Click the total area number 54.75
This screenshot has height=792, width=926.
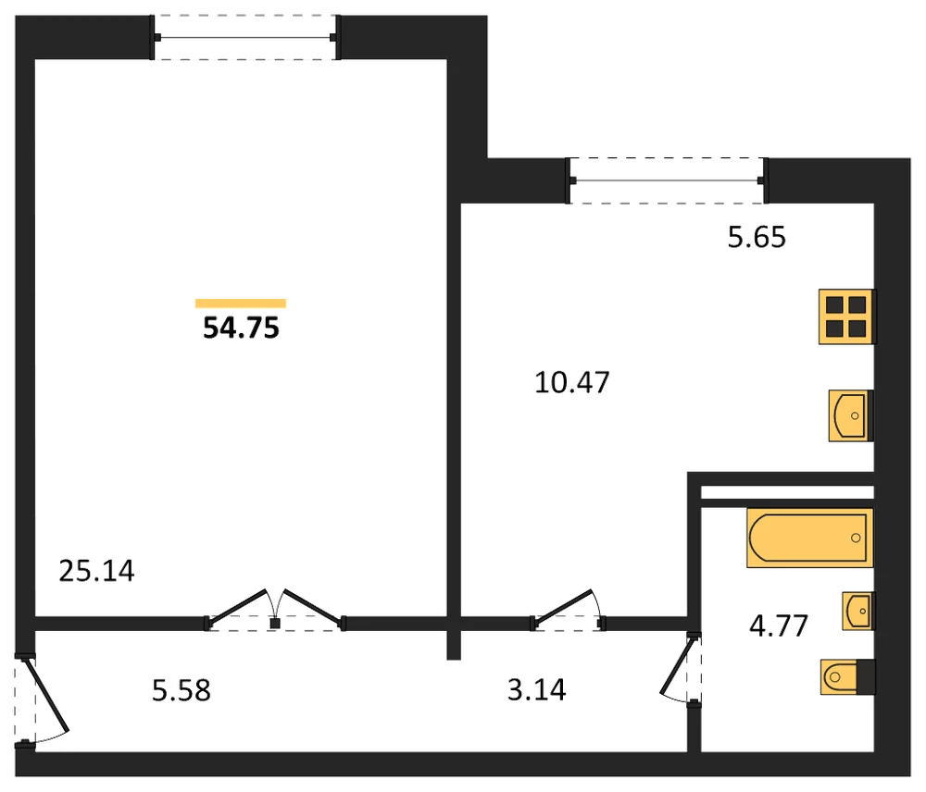pos(241,328)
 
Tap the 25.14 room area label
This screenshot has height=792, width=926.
pos(97,571)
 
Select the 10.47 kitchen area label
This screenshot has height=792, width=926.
pos(571,382)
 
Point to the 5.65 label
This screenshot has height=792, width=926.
pos(757,237)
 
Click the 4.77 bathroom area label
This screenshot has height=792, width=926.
pos(779,626)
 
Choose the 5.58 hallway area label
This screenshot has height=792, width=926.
pos(181,690)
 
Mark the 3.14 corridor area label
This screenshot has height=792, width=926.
pos(537,690)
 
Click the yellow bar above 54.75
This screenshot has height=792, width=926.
pos(241,303)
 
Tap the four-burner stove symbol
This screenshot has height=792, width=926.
pos(847,316)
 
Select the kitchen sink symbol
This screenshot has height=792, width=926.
pos(850,415)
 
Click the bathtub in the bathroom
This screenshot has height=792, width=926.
pos(809,538)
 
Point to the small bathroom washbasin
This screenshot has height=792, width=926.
pos(858,611)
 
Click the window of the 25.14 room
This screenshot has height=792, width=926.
pos(245,38)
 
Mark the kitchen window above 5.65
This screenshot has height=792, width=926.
pos(668,180)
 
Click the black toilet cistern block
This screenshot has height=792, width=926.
pos(866,677)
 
